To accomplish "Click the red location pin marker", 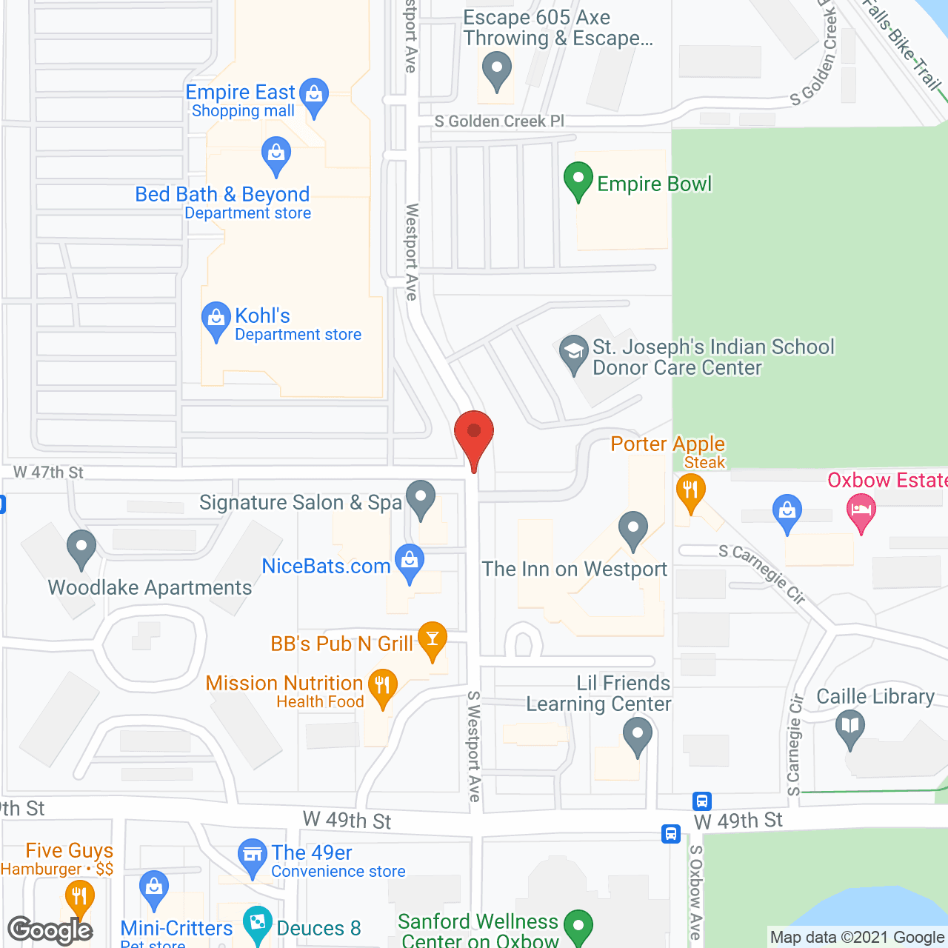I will click(x=474, y=433).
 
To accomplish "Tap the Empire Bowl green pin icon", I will click(x=578, y=180).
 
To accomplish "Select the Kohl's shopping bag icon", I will click(x=216, y=320).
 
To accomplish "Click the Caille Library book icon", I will click(x=850, y=727).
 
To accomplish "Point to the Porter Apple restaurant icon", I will click(x=690, y=492).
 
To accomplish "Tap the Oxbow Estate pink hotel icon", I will click(x=861, y=511).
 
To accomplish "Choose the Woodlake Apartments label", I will click(x=150, y=587).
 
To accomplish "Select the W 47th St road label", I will click(x=48, y=472).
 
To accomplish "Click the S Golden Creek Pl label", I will click(x=499, y=121).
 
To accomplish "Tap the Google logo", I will click(x=50, y=930).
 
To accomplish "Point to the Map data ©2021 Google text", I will click(x=857, y=937).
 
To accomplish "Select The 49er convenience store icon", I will click(x=253, y=856).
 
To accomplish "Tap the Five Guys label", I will click(x=69, y=850).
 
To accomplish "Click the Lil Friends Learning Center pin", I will click(x=637, y=736).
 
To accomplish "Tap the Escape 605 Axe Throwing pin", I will click(x=496, y=71).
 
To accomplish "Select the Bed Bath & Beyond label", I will click(x=222, y=194).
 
